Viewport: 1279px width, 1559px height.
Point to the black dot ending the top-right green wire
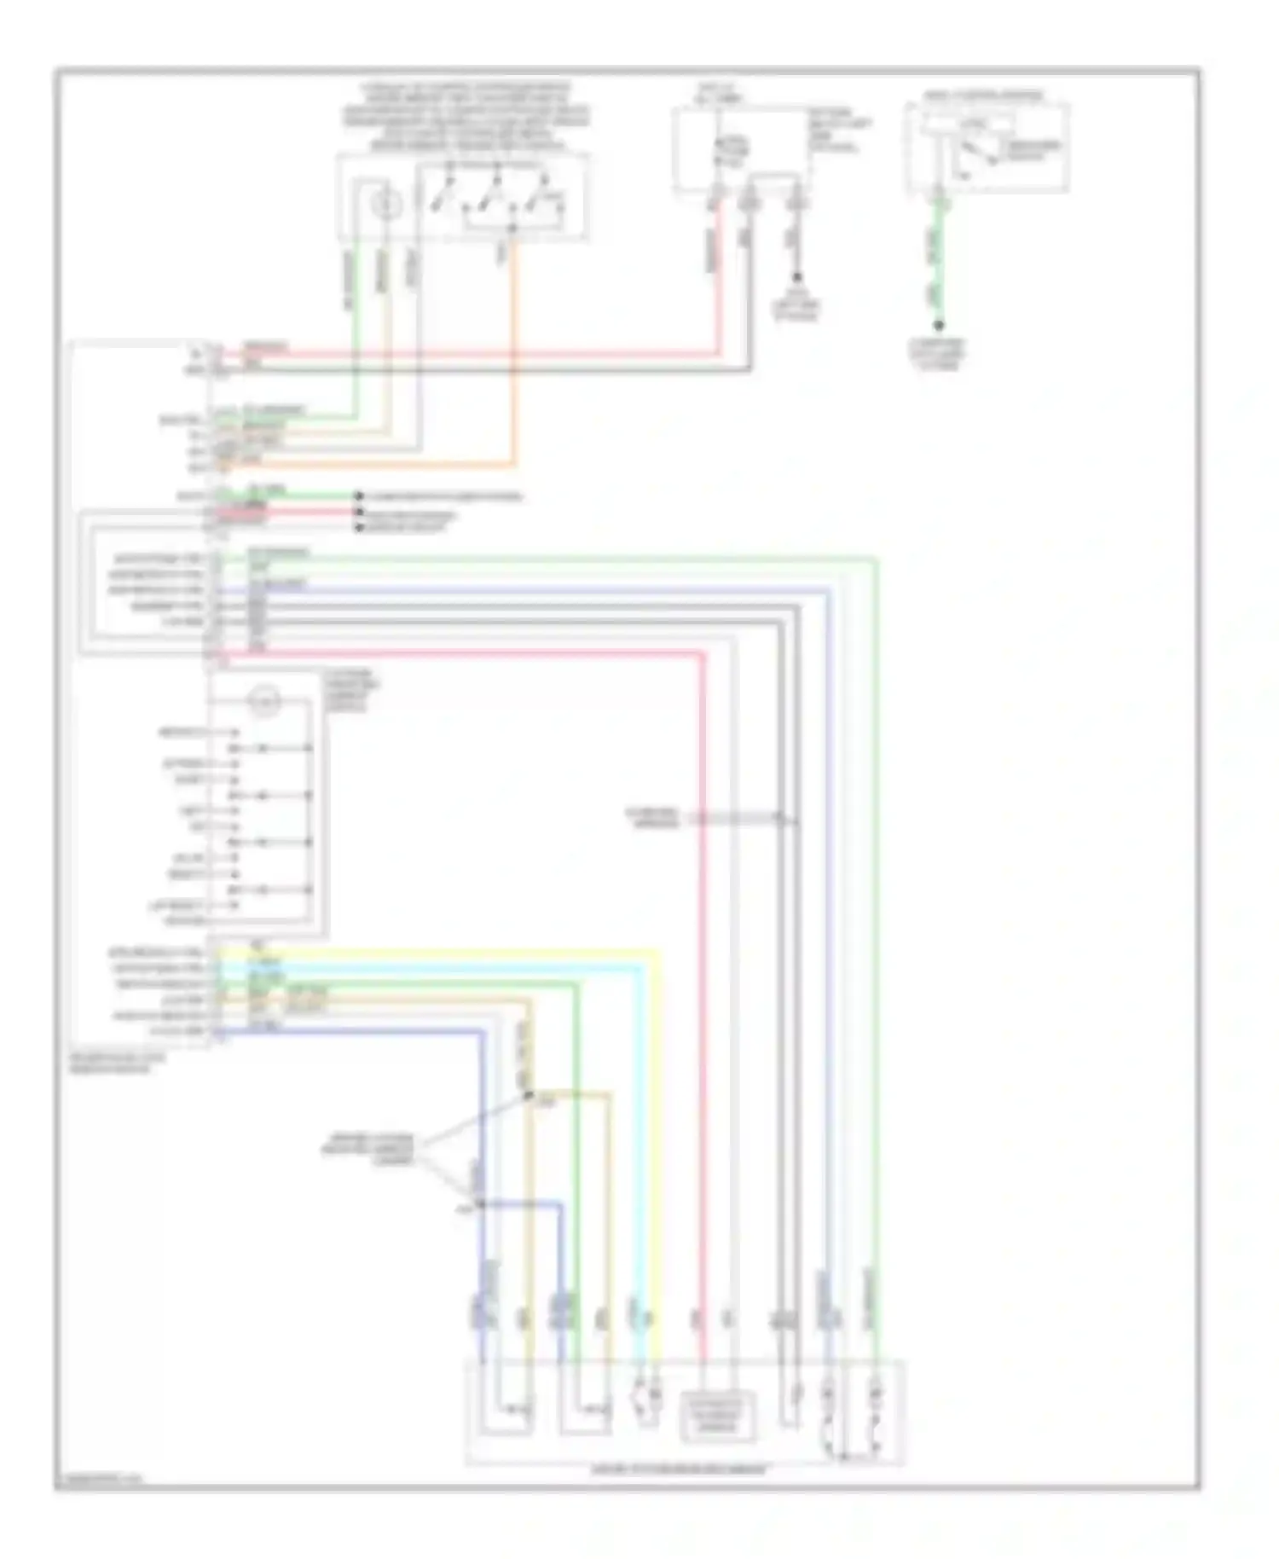pos(939,325)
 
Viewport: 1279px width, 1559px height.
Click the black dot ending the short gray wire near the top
pos(797,277)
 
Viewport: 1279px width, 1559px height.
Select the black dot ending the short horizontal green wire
pos(359,496)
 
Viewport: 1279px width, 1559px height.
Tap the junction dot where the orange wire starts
pos(512,228)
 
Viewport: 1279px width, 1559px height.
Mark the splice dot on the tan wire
pos(528,1094)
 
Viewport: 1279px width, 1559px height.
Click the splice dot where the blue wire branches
pos(480,1203)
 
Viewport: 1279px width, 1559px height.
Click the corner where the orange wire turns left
pos(514,465)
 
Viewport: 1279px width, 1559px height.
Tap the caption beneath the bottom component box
pos(680,1469)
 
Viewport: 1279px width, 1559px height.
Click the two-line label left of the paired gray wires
pos(652,817)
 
